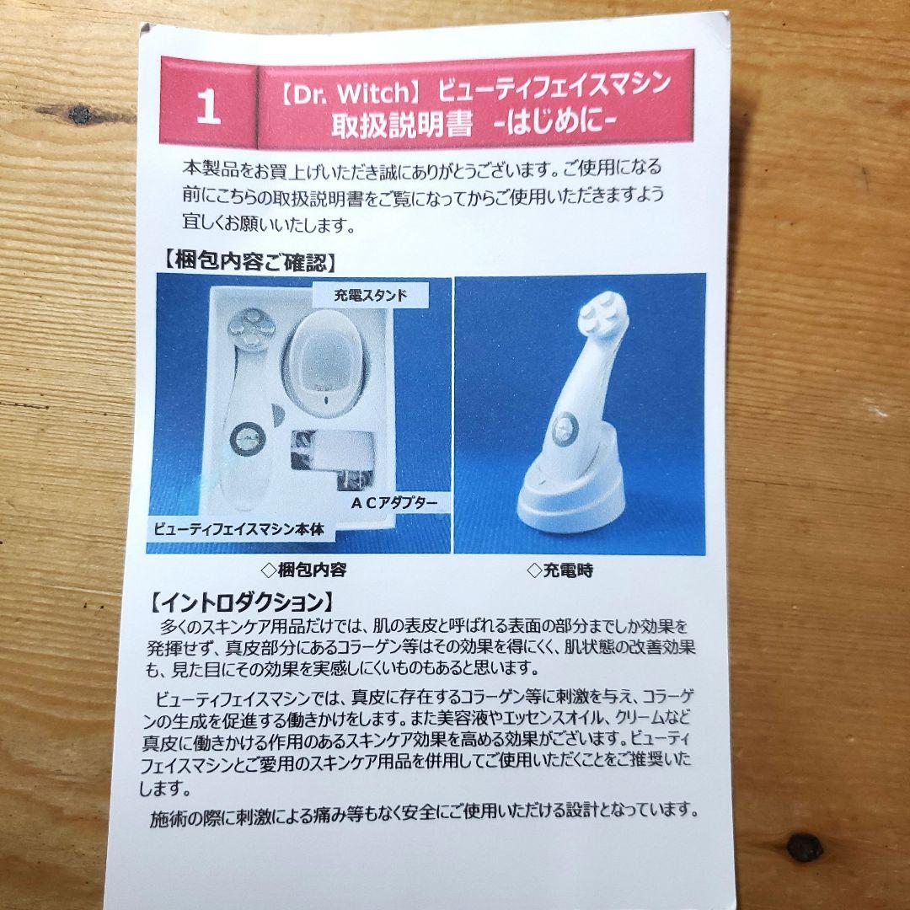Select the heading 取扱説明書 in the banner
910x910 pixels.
coord(402,125)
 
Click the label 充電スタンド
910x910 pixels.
coord(370,296)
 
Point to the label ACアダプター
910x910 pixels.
coord(394,502)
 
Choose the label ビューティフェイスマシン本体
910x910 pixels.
coord(238,529)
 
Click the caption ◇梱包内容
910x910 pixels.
coord(303,570)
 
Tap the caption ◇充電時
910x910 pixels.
coord(560,570)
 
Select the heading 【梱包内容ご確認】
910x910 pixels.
coord(247,262)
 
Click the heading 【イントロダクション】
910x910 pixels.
coord(241,603)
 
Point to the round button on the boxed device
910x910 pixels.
coord(248,439)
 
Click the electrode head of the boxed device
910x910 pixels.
coord(251,329)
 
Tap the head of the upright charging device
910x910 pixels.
coord(603,314)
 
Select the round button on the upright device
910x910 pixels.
coord(565,429)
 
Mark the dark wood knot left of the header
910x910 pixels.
coord(80,114)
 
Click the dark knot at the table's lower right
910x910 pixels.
coord(805,848)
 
